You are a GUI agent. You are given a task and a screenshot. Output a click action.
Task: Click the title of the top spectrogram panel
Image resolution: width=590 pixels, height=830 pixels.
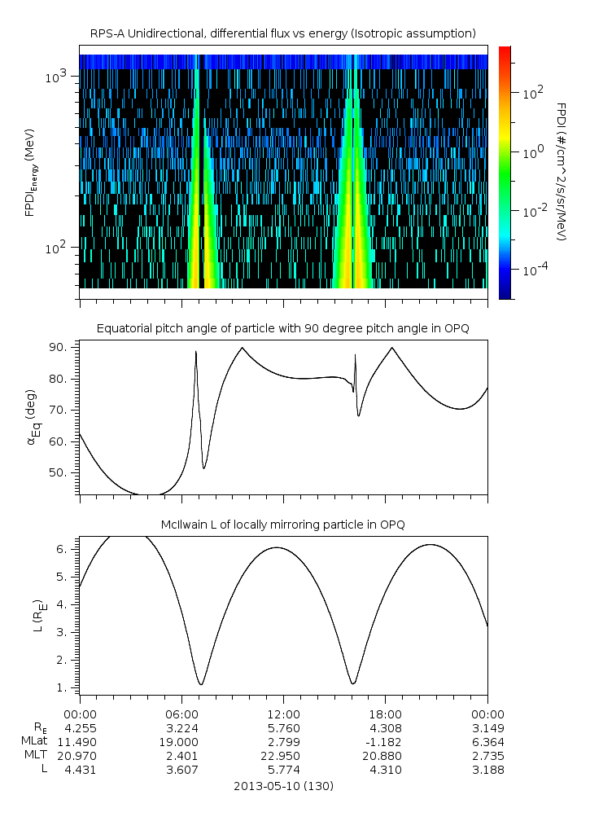282,33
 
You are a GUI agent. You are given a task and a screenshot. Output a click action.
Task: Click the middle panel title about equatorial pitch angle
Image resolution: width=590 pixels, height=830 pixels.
282,328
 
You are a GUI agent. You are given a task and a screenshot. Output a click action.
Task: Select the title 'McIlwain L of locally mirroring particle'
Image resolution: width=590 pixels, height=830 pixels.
282,524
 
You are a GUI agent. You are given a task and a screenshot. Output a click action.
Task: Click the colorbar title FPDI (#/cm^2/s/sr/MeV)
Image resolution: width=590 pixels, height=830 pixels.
561,171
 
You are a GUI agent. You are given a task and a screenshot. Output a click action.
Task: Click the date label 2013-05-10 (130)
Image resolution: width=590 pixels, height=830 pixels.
282,787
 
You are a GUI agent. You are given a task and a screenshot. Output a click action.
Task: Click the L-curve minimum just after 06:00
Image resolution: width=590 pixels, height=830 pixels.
201,684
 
